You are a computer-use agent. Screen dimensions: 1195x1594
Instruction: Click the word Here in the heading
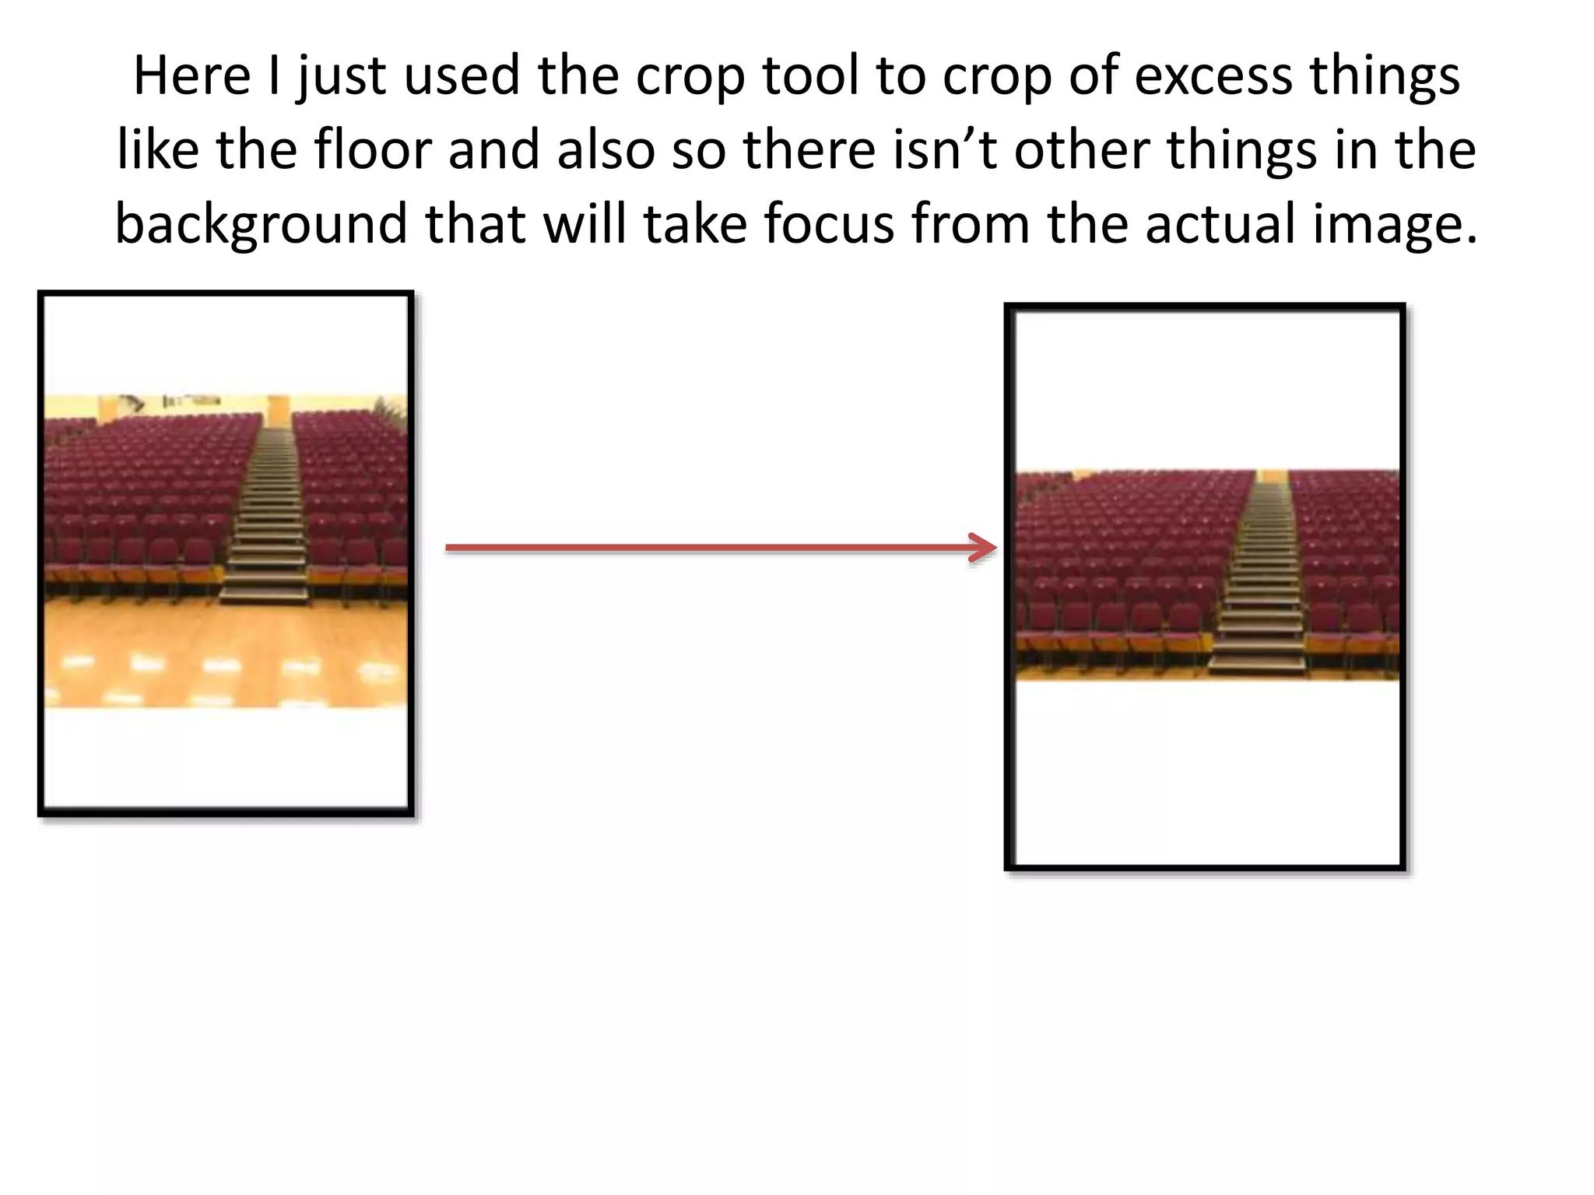[191, 76]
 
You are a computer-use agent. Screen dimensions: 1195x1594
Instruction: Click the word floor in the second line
[372, 149]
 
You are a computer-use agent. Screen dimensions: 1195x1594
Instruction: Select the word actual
[1220, 224]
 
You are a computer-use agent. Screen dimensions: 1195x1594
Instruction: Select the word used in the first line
[462, 76]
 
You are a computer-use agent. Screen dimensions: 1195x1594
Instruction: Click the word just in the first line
[341, 76]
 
